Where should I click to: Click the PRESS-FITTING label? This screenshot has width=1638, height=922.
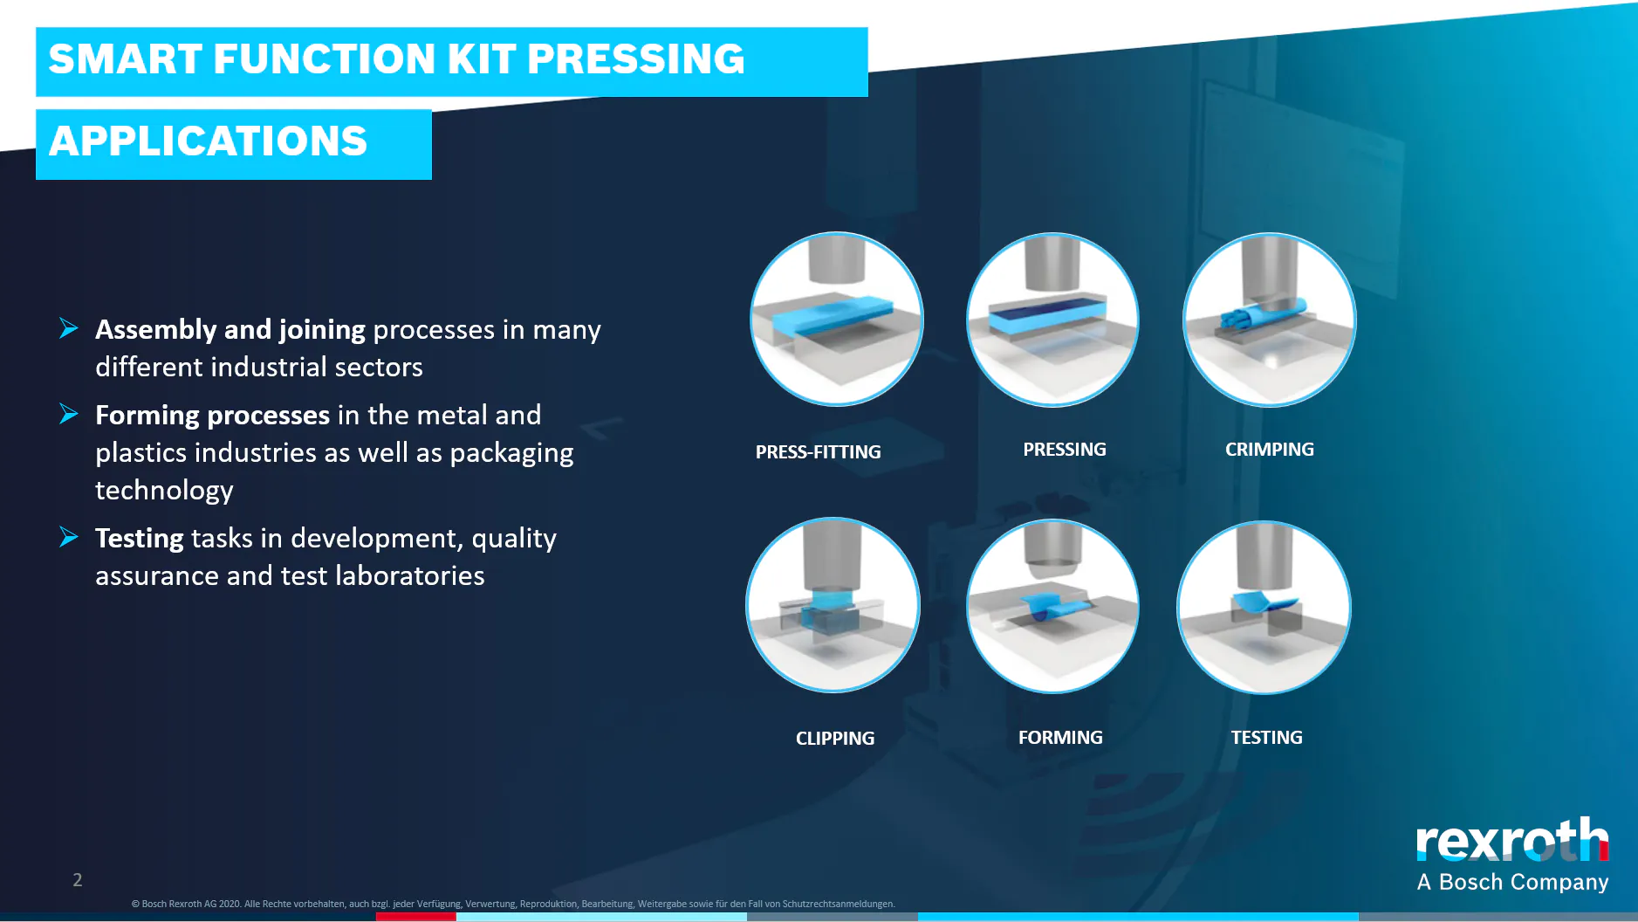[818, 451]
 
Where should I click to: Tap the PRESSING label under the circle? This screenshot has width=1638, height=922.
[1064, 449]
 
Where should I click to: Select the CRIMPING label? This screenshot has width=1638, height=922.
[1269, 449]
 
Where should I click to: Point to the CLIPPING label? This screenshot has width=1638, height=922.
[834, 738]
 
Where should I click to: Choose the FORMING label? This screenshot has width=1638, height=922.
[1060, 737]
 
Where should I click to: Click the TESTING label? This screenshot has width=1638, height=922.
[1266, 737]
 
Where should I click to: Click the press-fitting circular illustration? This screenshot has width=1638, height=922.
[836, 319]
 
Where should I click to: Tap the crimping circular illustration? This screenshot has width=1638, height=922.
[1269, 320]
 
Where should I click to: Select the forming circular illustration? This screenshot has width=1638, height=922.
[1052, 606]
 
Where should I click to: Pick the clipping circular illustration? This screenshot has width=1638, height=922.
[833, 605]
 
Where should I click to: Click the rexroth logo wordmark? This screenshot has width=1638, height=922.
[1512, 840]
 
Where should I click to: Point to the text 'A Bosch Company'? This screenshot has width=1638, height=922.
[1512, 882]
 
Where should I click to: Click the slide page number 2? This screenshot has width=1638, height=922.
[78, 879]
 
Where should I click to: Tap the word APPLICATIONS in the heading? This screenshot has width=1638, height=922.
[209, 141]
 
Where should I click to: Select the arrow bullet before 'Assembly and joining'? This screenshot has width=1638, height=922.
[69, 328]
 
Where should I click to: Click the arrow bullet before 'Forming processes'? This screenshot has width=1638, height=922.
[69, 414]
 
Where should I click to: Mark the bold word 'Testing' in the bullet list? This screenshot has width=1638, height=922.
[139, 539]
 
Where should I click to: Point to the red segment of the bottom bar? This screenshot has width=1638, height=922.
[415, 917]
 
